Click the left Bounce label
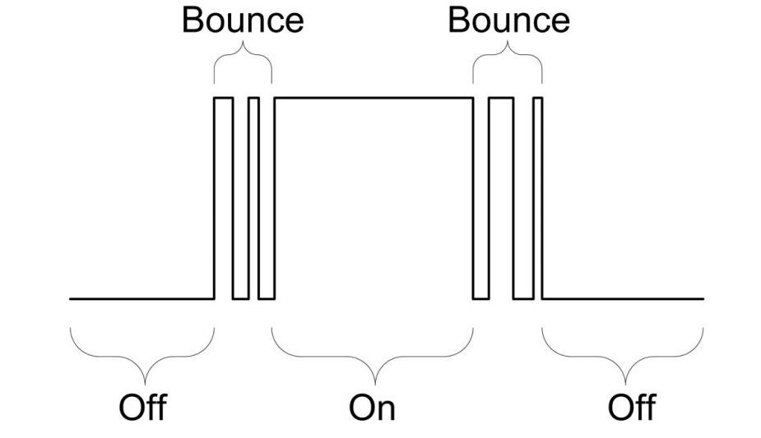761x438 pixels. [x=243, y=22]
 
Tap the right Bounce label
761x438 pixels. [x=508, y=22]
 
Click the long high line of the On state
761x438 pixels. [x=374, y=98]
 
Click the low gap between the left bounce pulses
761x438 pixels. [x=240, y=298]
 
